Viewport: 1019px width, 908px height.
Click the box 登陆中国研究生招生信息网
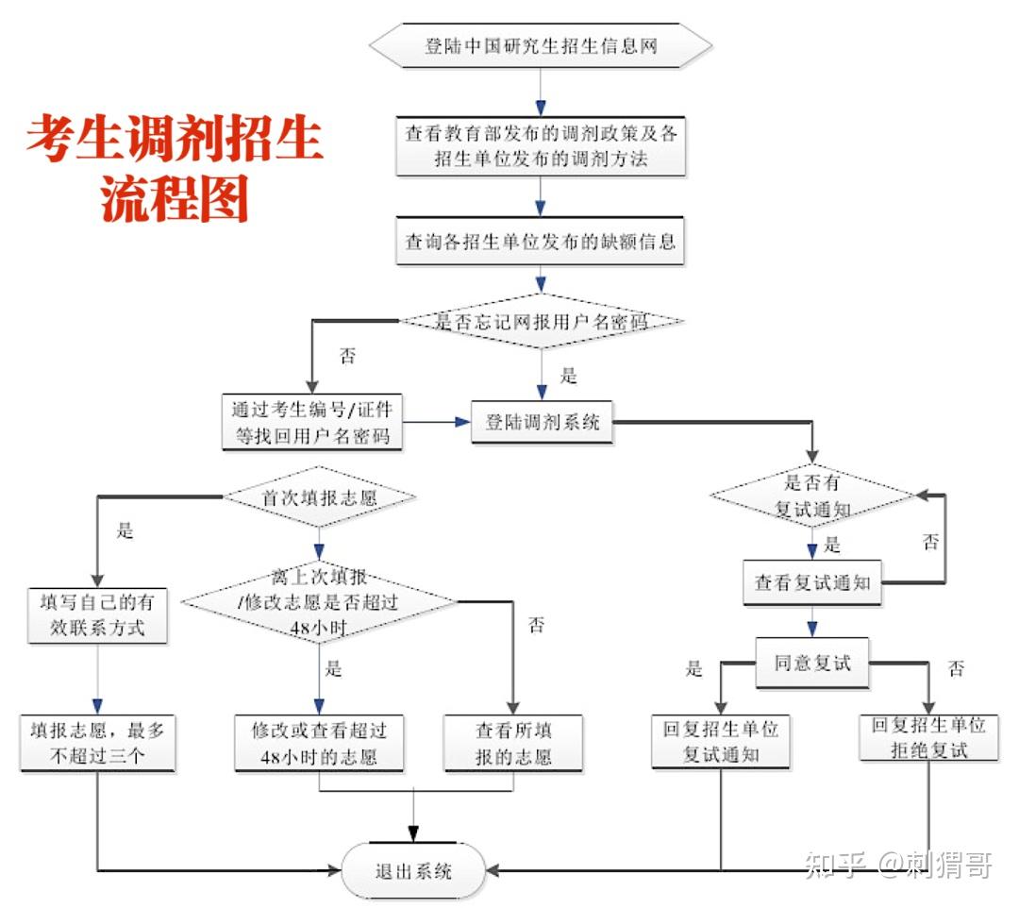[540, 46]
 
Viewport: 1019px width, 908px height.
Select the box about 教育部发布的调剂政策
[540, 146]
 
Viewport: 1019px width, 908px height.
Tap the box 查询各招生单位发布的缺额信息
[540, 241]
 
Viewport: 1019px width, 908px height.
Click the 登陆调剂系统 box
[542, 422]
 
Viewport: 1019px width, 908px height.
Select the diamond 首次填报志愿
[319, 497]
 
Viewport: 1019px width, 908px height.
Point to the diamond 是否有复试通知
[812, 496]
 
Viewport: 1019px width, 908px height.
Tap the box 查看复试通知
[811, 582]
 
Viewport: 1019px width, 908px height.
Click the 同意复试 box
[811, 663]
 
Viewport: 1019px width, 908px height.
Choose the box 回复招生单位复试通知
[721, 742]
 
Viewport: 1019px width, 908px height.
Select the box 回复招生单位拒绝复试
[927, 737]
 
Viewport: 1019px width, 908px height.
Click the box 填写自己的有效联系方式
[97, 615]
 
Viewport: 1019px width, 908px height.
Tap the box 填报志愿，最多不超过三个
[97, 742]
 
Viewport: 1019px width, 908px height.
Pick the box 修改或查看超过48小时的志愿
[319, 743]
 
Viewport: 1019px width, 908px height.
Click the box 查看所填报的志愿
[512, 743]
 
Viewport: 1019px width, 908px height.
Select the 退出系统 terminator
[413, 870]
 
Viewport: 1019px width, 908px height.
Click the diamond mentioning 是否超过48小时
[319, 601]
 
